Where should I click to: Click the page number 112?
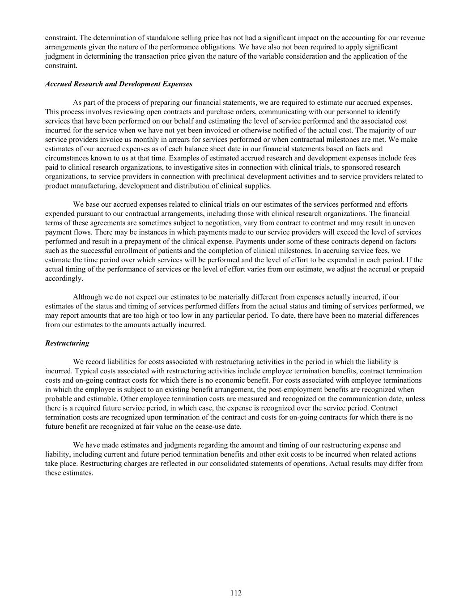(x=236, y=593)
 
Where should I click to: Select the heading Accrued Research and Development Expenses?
(x=119, y=84)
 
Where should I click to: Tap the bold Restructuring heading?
(x=67, y=343)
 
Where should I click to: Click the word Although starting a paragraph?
(x=88, y=297)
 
